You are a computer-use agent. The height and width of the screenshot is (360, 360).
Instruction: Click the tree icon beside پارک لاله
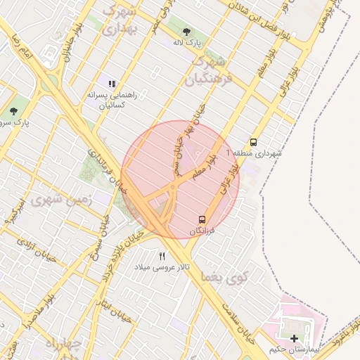click(186, 32)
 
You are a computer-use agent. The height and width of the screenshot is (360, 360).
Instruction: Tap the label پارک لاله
click(188, 43)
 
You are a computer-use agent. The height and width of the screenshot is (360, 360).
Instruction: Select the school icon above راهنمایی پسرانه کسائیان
click(111, 84)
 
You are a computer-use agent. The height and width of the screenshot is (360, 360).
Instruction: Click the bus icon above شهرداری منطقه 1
click(253, 141)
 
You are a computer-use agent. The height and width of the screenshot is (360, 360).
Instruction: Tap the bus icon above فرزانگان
click(202, 219)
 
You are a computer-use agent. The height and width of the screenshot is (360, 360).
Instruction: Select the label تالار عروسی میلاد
click(164, 267)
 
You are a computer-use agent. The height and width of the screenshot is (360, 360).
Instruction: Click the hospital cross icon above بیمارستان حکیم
click(294, 338)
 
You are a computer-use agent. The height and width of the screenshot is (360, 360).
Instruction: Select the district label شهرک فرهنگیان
click(208, 70)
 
